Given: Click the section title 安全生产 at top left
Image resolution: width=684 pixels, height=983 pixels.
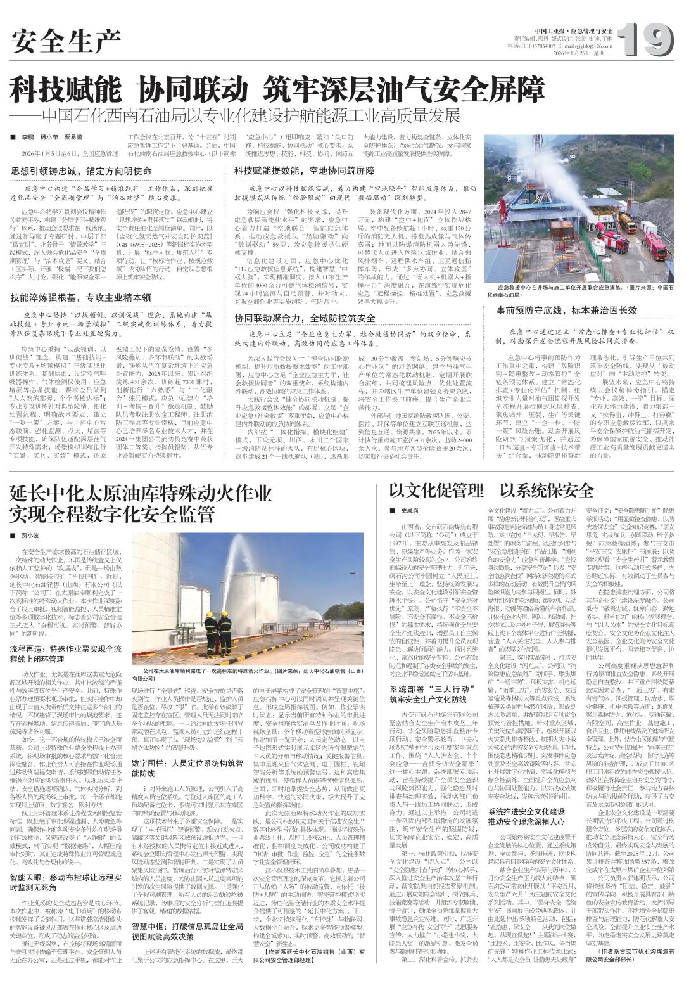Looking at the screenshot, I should pos(66,42).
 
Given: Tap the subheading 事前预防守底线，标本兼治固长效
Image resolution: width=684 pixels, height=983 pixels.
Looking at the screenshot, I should pos(566,310).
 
